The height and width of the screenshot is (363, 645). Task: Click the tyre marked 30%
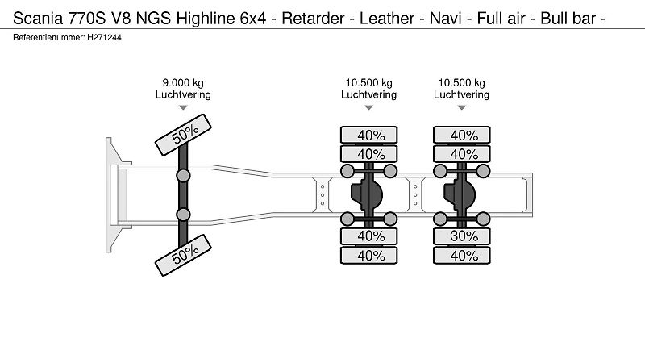pyautogui.click(x=461, y=236)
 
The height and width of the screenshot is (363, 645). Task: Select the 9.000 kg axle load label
pyautogui.click(x=183, y=83)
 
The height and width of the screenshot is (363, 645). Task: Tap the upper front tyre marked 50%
pyautogui.click(x=183, y=135)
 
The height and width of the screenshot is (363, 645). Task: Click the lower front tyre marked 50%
pyautogui.click(x=183, y=255)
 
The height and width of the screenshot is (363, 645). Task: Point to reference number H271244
pyautogui.click(x=104, y=37)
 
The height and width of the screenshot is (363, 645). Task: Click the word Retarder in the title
pyautogui.click(x=313, y=19)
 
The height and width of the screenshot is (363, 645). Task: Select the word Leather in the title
pyautogui.click(x=387, y=19)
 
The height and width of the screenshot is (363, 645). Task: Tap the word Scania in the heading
pyautogui.click(x=38, y=19)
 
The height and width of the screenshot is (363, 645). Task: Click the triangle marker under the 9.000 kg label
pyautogui.click(x=183, y=108)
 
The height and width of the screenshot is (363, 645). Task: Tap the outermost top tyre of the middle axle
pyautogui.click(x=369, y=135)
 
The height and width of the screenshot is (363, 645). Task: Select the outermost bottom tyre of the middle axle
pyautogui.click(x=369, y=256)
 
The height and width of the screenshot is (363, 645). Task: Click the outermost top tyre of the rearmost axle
pyautogui.click(x=461, y=135)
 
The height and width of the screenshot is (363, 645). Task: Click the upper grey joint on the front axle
pyautogui.click(x=183, y=176)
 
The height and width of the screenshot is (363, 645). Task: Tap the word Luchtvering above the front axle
pyautogui.click(x=183, y=94)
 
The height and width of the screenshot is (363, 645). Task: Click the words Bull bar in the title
pyautogui.click(x=568, y=19)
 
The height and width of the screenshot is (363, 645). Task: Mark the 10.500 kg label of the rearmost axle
pyautogui.click(x=461, y=83)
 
